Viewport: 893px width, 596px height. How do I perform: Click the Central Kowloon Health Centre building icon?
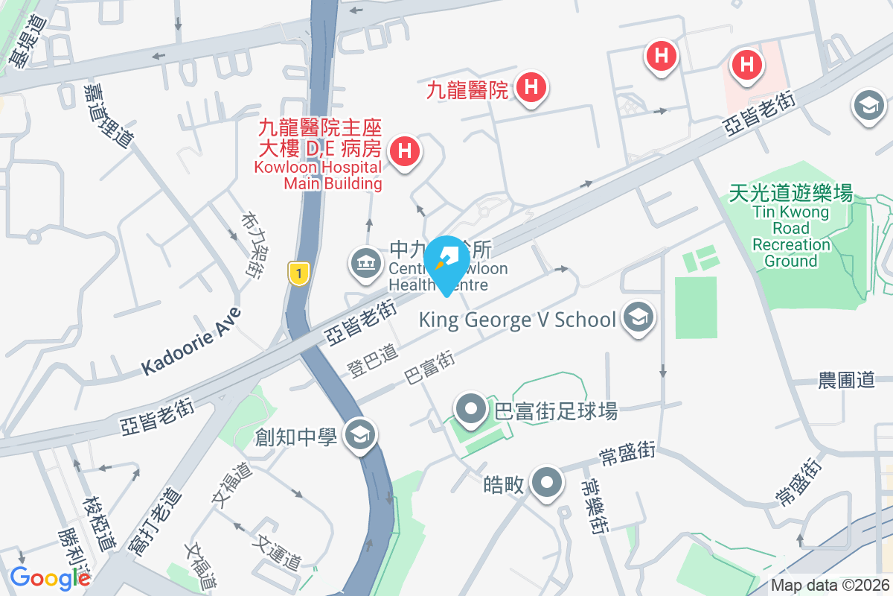[365, 264]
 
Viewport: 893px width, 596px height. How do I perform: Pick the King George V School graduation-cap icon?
[638, 319]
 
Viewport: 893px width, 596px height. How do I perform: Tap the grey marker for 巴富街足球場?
[472, 410]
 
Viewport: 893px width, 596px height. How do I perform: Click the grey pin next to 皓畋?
[547, 484]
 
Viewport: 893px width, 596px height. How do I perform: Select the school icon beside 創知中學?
[360, 434]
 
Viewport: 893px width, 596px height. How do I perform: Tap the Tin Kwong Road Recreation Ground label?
[790, 227]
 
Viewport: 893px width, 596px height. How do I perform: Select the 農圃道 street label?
[846, 380]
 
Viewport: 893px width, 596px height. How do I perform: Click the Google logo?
[49, 577]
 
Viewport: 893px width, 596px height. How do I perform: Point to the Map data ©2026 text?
[829, 586]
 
